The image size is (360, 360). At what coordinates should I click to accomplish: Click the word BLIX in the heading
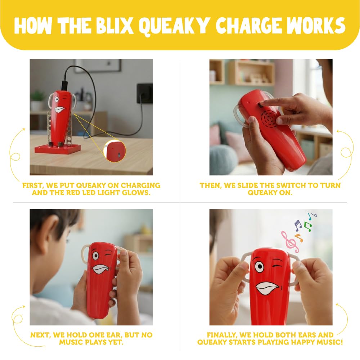[114, 26]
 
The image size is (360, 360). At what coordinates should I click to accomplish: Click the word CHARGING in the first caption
[140, 185]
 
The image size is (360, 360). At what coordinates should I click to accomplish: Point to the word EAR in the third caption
[114, 335]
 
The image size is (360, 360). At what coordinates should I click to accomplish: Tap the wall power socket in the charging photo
[145, 93]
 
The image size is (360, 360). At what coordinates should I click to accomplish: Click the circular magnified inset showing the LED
[114, 150]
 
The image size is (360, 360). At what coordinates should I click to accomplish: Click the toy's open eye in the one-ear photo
[95, 256]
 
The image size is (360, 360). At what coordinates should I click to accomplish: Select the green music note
[308, 226]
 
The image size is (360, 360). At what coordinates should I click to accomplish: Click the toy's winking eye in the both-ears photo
[278, 266]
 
